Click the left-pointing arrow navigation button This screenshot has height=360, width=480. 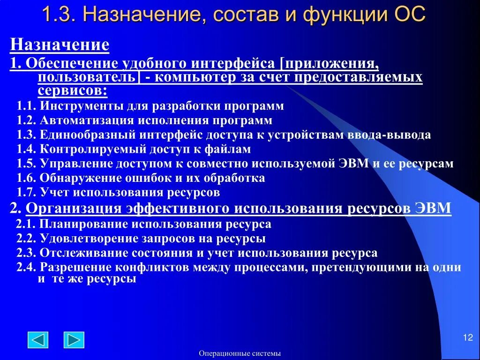point(38,340)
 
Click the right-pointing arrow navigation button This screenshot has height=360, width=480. point(74,340)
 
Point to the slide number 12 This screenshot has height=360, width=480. point(467,338)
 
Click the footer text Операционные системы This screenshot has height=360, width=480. point(240,353)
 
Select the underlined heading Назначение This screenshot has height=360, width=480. point(60,45)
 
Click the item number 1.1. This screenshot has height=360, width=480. point(27,106)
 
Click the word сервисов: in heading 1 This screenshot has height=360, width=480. point(72,90)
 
